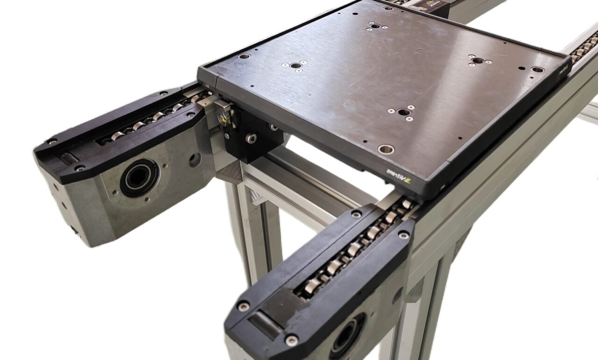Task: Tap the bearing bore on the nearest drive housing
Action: [x=346, y=336]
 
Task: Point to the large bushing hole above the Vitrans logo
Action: [x=386, y=149]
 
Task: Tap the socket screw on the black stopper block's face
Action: [x=251, y=138]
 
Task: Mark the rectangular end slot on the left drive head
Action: [x=68, y=158]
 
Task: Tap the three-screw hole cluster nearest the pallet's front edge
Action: [x=402, y=112]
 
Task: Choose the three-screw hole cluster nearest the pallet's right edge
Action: [x=477, y=60]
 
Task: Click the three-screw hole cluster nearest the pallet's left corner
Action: [x=294, y=65]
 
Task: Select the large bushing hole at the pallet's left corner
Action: [x=244, y=56]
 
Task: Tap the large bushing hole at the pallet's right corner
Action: [x=537, y=69]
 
